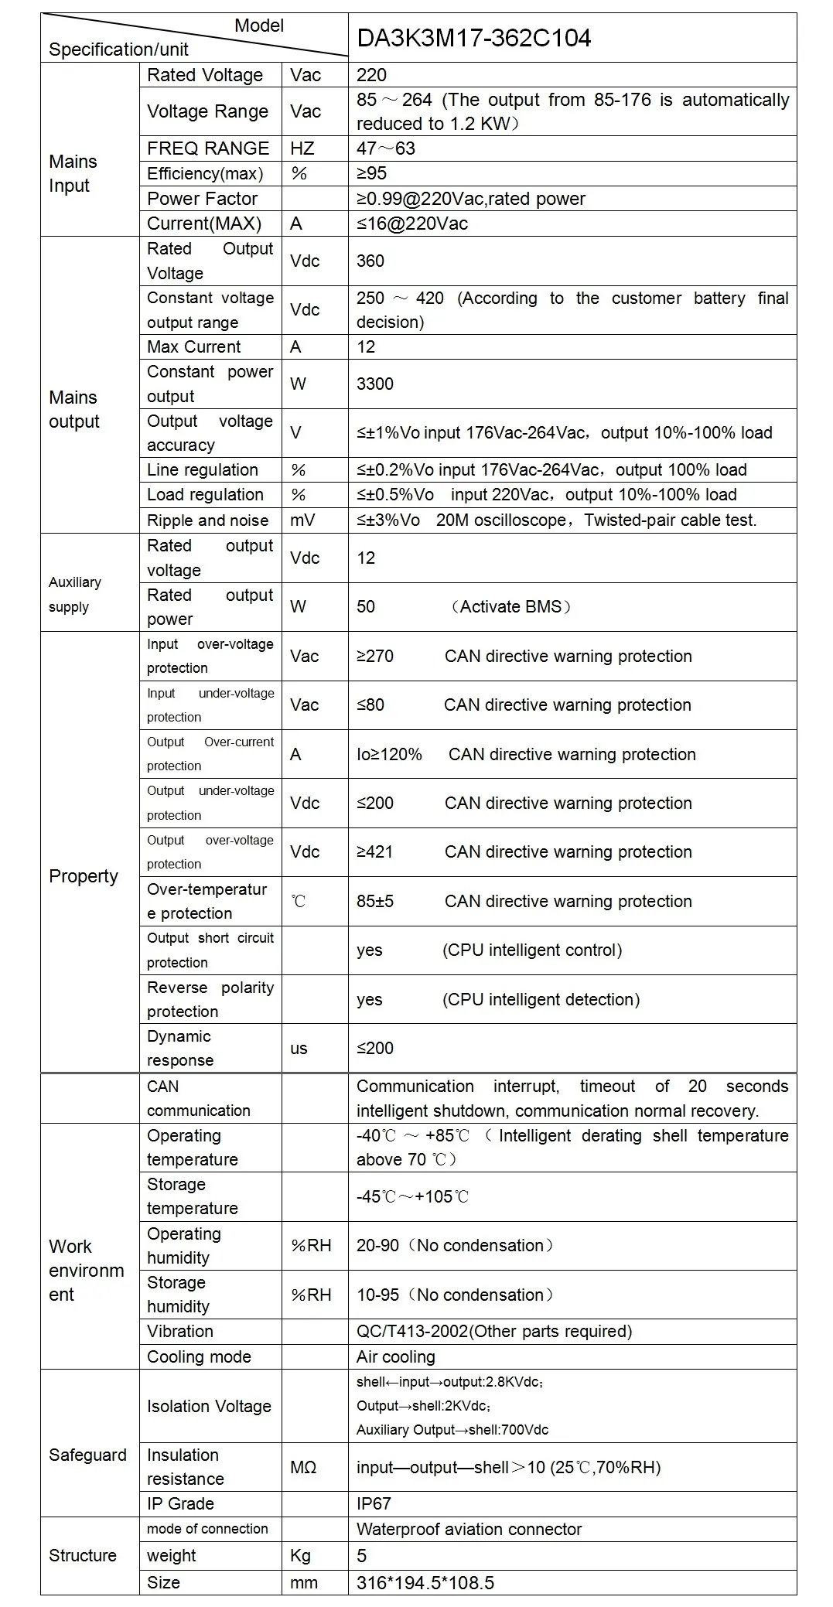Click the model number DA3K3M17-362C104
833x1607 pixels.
pyautogui.click(x=473, y=38)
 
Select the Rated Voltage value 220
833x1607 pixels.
pyautogui.click(x=371, y=75)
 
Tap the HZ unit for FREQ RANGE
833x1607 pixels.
pyautogui.click(x=302, y=148)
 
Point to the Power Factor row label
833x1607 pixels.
pyautogui.click(x=202, y=199)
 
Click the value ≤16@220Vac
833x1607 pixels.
pyautogui.click(x=412, y=223)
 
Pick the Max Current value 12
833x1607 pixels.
pyautogui.click(x=366, y=346)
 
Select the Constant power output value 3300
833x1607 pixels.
pyautogui.click(x=375, y=384)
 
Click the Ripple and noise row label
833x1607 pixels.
pyautogui.click(x=207, y=520)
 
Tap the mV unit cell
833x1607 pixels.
pyautogui.click(x=302, y=520)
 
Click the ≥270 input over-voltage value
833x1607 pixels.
pyautogui.click(x=375, y=656)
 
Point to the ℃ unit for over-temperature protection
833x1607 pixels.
pyautogui.click(x=299, y=901)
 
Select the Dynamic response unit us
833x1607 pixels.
pyautogui.click(x=299, y=1048)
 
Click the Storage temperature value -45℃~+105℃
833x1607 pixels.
pyautogui.click(x=412, y=1196)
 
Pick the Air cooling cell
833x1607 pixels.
pyautogui.click(x=395, y=1356)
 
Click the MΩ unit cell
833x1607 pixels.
pyautogui.click(x=303, y=1467)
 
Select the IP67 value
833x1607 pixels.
pyautogui.click(x=374, y=1503)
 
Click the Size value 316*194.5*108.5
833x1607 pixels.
pyautogui.click(x=425, y=1582)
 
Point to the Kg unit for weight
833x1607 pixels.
pyautogui.click(x=300, y=1555)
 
